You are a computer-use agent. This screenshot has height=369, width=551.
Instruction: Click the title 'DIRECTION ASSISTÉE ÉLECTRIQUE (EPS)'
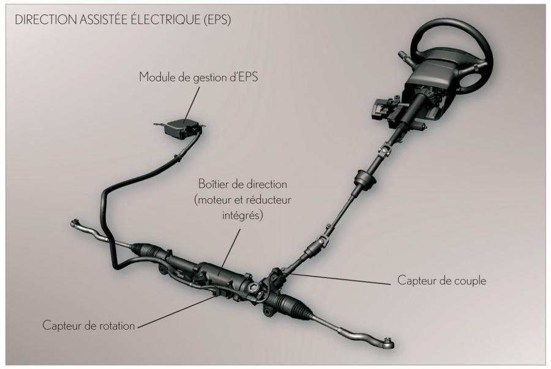(x=123, y=20)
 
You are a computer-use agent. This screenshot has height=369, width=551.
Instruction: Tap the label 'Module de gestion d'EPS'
(x=198, y=77)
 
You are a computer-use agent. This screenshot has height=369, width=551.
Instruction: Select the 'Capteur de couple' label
(x=441, y=280)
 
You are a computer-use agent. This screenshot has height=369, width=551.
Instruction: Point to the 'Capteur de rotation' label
(x=89, y=326)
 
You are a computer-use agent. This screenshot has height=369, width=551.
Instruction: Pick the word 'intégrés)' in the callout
(x=242, y=214)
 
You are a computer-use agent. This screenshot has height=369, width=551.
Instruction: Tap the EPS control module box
(x=181, y=129)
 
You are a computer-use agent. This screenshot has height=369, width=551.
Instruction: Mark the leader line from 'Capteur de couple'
(x=340, y=278)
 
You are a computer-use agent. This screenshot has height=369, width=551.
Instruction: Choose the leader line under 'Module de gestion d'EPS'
(x=192, y=104)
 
